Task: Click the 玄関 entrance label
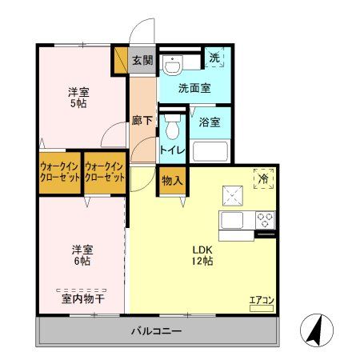[x=142, y=59]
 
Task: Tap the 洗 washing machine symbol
[x=214, y=57]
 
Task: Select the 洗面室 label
[x=194, y=88]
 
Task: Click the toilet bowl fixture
[x=171, y=127]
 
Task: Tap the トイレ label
[x=172, y=150]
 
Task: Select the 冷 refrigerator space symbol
[x=263, y=178]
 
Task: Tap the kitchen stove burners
[x=266, y=218]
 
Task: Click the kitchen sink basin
[x=233, y=219]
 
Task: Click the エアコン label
[x=262, y=301]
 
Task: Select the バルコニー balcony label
[x=157, y=331]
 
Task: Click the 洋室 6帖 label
[x=78, y=254]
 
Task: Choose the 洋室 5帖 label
[x=78, y=98]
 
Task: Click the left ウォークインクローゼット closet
[x=59, y=172]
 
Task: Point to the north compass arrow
[x=314, y=330]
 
